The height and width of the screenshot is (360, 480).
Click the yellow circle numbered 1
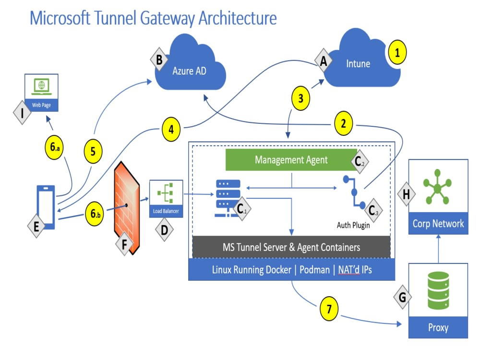coord(397,52)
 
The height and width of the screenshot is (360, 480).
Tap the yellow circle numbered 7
coord(329,309)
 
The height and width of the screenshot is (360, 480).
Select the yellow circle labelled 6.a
coord(55,147)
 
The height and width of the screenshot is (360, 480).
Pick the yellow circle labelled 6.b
coord(94,214)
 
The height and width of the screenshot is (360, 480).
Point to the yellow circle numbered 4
coord(171,129)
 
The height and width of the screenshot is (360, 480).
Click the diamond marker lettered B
coord(159,60)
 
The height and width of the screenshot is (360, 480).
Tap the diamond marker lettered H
coord(406,194)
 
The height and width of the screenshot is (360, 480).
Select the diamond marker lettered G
coord(402,297)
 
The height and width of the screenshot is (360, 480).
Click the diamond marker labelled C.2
coord(360,162)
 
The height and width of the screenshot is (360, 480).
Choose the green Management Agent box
coord(291,160)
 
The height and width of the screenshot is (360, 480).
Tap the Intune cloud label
coord(358,64)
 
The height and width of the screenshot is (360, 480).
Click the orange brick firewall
coord(127,208)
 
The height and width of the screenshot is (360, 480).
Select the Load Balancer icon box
coord(166,199)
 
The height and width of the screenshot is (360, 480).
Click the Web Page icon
coord(41,93)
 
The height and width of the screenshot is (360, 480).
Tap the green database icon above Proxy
coord(438,290)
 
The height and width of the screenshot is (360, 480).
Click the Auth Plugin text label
coord(353,225)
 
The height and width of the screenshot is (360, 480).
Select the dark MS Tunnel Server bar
coord(291,247)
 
